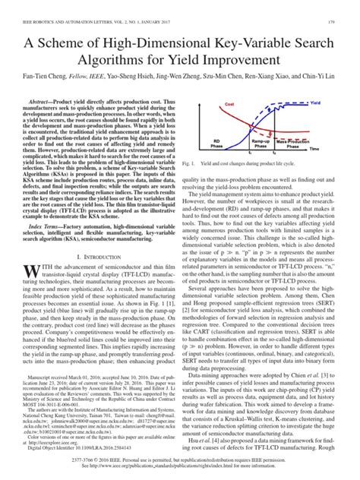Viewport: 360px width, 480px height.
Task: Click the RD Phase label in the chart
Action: click(x=217, y=164)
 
